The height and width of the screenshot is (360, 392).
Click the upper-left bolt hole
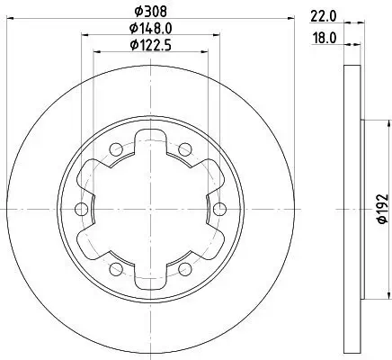(x=115, y=149)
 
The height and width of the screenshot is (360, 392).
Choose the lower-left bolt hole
(x=115, y=270)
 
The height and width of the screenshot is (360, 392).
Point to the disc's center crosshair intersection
(x=150, y=210)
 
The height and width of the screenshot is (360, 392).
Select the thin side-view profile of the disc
(x=353, y=210)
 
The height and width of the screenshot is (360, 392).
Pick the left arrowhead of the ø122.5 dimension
(x=97, y=53)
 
